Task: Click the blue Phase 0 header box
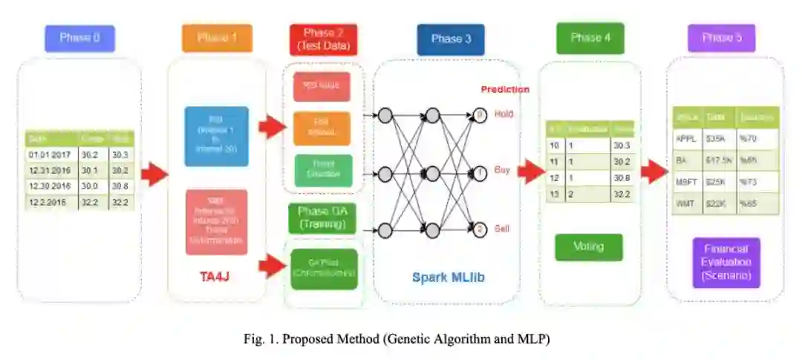coord(79,39)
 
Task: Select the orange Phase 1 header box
coord(217,39)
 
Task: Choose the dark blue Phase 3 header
coord(451,39)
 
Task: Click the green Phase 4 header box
coord(590,38)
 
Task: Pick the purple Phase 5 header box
coord(721,38)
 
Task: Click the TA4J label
coord(216,277)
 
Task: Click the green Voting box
coord(589,246)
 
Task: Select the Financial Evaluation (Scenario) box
coord(726,262)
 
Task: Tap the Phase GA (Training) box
coord(323,218)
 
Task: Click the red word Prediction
coord(505,89)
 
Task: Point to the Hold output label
coord(503,114)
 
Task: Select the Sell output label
coord(503,229)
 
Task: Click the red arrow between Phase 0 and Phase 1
coord(154,175)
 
